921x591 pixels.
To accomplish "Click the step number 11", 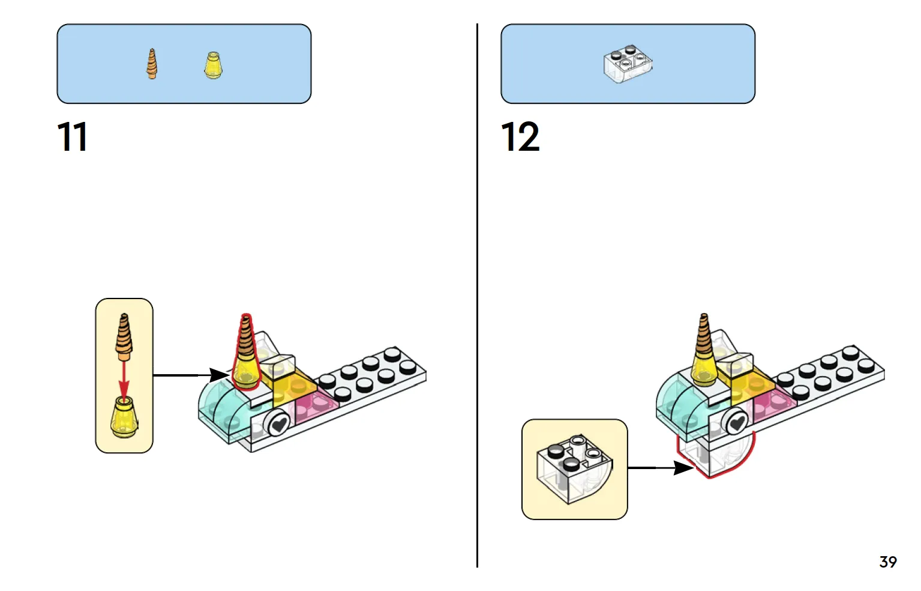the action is pos(73,136).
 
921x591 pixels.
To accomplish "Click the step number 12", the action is pos(520,136).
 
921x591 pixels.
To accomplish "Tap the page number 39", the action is pos(888,562).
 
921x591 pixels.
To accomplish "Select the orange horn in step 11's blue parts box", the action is pos(152,64).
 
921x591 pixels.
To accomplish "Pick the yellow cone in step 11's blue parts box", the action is pos(213,65).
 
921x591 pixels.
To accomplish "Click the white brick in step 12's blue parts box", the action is pos(628,64).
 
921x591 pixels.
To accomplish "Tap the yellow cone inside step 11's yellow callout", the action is pos(124,416).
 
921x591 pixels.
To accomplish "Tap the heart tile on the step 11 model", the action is pos(279,423).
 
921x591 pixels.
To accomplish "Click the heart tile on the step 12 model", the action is pos(737,421).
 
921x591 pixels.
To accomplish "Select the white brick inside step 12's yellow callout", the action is pos(574,470).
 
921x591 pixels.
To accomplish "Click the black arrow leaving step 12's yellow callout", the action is pos(661,467).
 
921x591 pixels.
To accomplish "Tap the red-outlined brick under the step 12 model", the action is pos(715,454).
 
